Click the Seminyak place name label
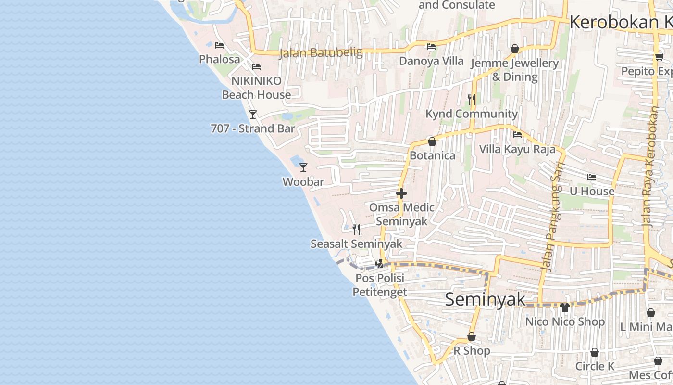click(485, 299)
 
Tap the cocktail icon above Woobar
click(303, 167)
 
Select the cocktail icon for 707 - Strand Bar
click(253, 115)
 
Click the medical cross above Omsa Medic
click(401, 193)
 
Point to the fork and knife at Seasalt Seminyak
click(356, 230)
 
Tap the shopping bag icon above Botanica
click(432, 141)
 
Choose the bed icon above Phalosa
click(219, 45)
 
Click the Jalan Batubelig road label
click(321, 52)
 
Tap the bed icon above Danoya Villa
click(431, 47)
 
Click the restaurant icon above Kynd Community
click(472, 100)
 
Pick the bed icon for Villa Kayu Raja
click(517, 135)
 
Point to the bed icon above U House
click(592, 177)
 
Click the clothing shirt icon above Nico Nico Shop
click(565, 307)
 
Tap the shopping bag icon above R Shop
click(472, 336)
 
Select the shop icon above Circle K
click(595, 352)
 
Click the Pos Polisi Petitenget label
click(380, 285)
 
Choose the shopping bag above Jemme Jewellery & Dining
click(515, 49)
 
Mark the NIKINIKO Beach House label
click(256, 88)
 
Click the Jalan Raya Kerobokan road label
click(651, 167)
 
